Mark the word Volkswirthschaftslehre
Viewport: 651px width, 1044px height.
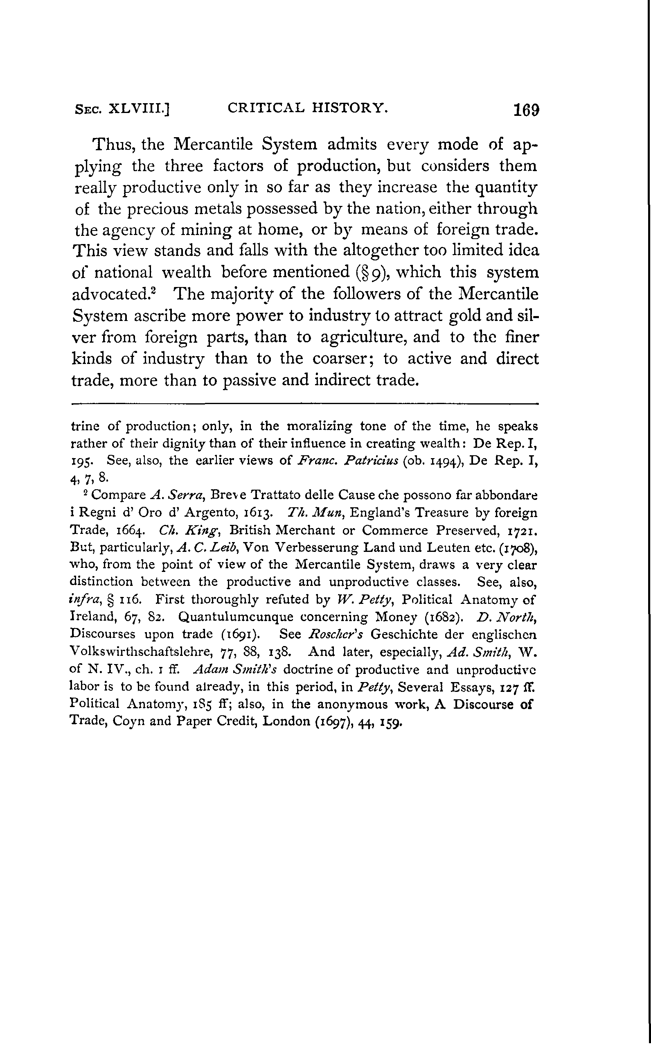[x=141, y=652]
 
